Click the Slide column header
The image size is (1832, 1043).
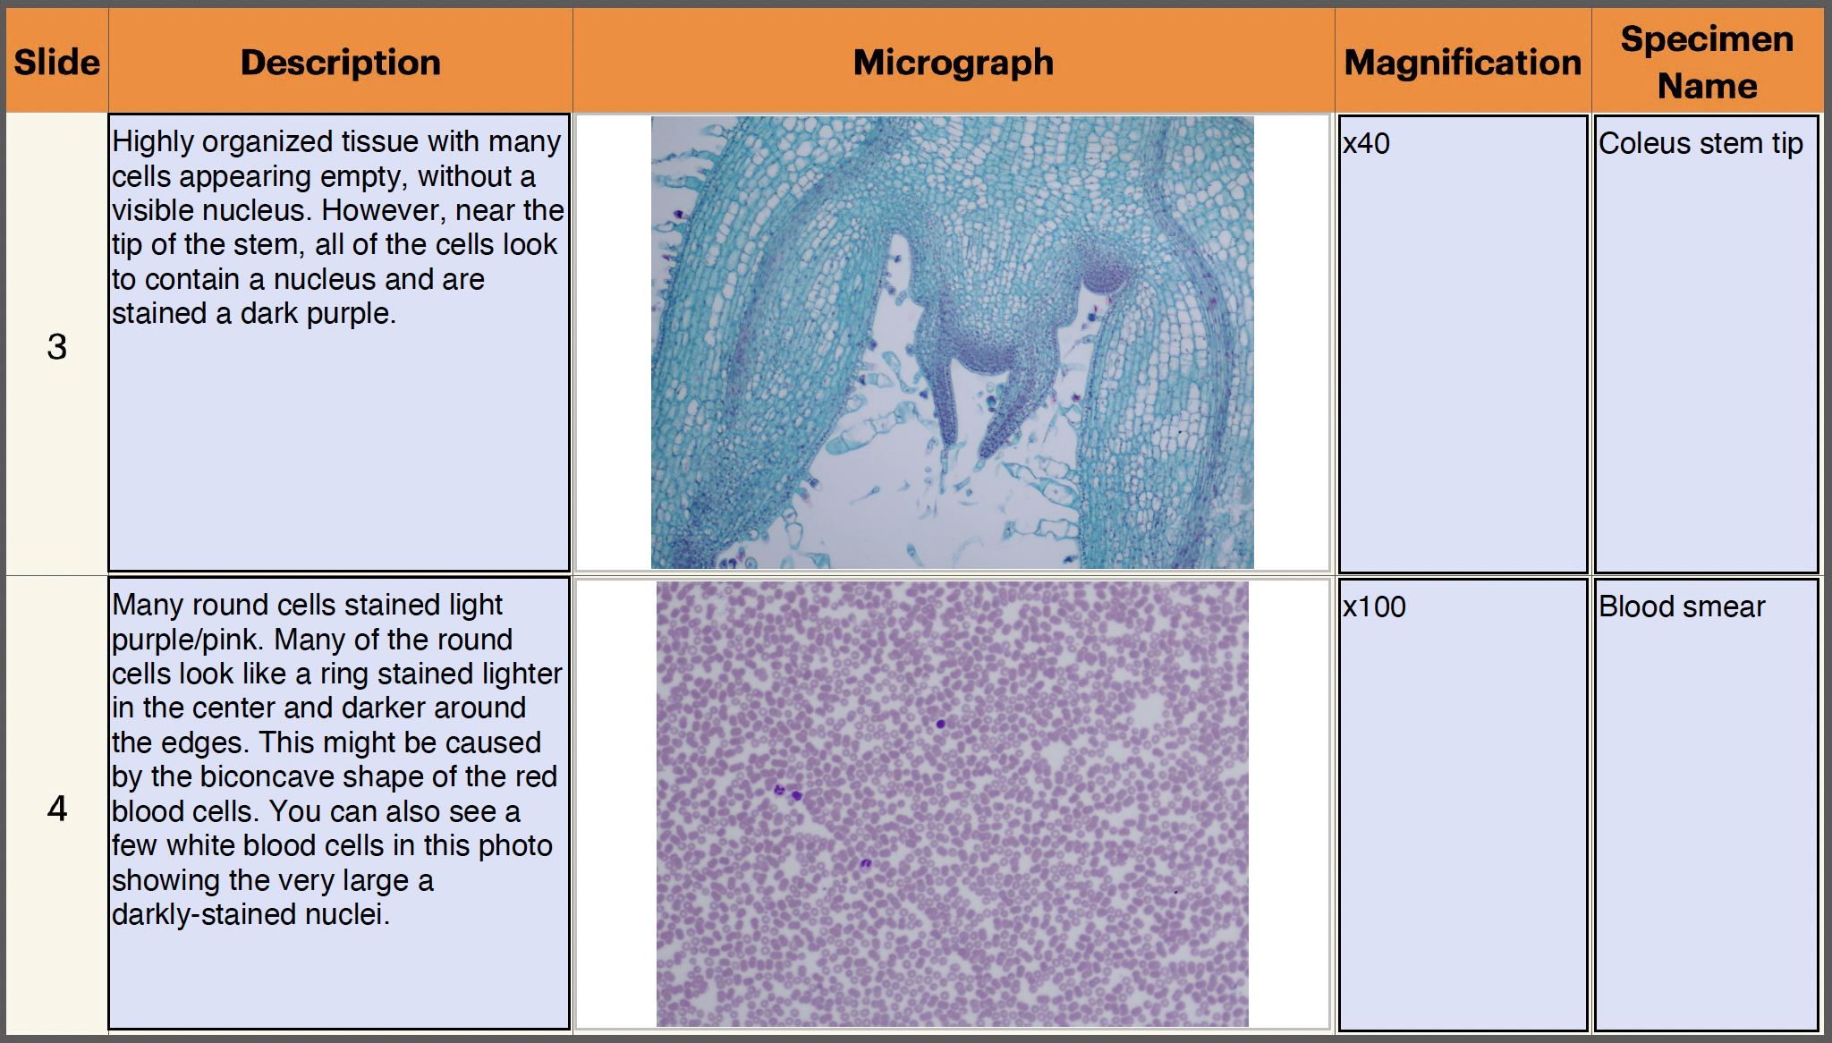point(56,63)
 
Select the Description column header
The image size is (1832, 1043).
point(340,63)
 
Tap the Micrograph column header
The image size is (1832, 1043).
point(953,63)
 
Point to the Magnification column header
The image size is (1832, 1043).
point(1463,63)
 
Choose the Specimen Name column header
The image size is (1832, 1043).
point(1707,62)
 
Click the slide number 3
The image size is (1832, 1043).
point(56,346)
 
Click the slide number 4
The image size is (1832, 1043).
point(56,809)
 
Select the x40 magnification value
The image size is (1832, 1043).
point(1366,144)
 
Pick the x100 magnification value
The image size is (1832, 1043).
point(1374,607)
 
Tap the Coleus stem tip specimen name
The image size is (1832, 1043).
point(1701,144)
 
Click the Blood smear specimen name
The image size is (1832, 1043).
point(1682,607)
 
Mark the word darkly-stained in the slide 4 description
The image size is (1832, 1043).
point(205,915)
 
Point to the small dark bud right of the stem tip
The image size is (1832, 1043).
point(1106,273)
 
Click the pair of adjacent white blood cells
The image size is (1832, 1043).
point(788,793)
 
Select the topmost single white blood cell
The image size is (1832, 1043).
point(940,724)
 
